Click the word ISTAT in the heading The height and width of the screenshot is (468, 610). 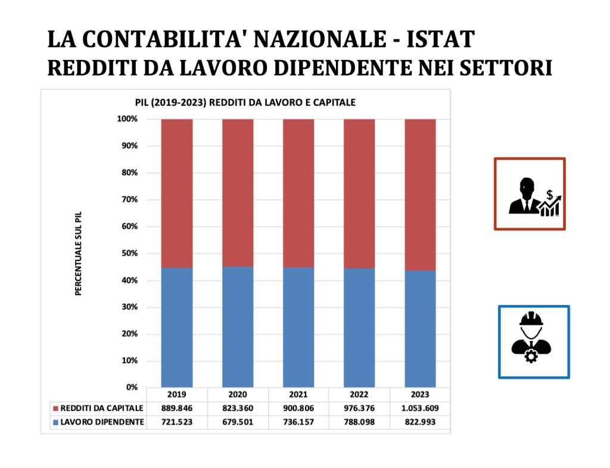pos(440,39)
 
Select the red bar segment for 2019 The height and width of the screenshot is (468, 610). pos(177,193)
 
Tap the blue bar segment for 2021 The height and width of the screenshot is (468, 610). pos(298,327)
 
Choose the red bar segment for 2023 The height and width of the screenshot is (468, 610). pos(420,194)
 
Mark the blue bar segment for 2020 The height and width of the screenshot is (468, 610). pos(238,327)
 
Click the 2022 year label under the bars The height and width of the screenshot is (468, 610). pos(359,395)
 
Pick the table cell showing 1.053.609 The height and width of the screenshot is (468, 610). pos(420,409)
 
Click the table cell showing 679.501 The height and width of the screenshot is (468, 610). pos(238,422)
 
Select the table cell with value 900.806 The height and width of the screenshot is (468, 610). pos(298,409)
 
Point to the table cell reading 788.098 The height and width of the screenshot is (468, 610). pos(359,422)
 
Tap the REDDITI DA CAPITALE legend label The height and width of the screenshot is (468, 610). pos(101,409)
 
